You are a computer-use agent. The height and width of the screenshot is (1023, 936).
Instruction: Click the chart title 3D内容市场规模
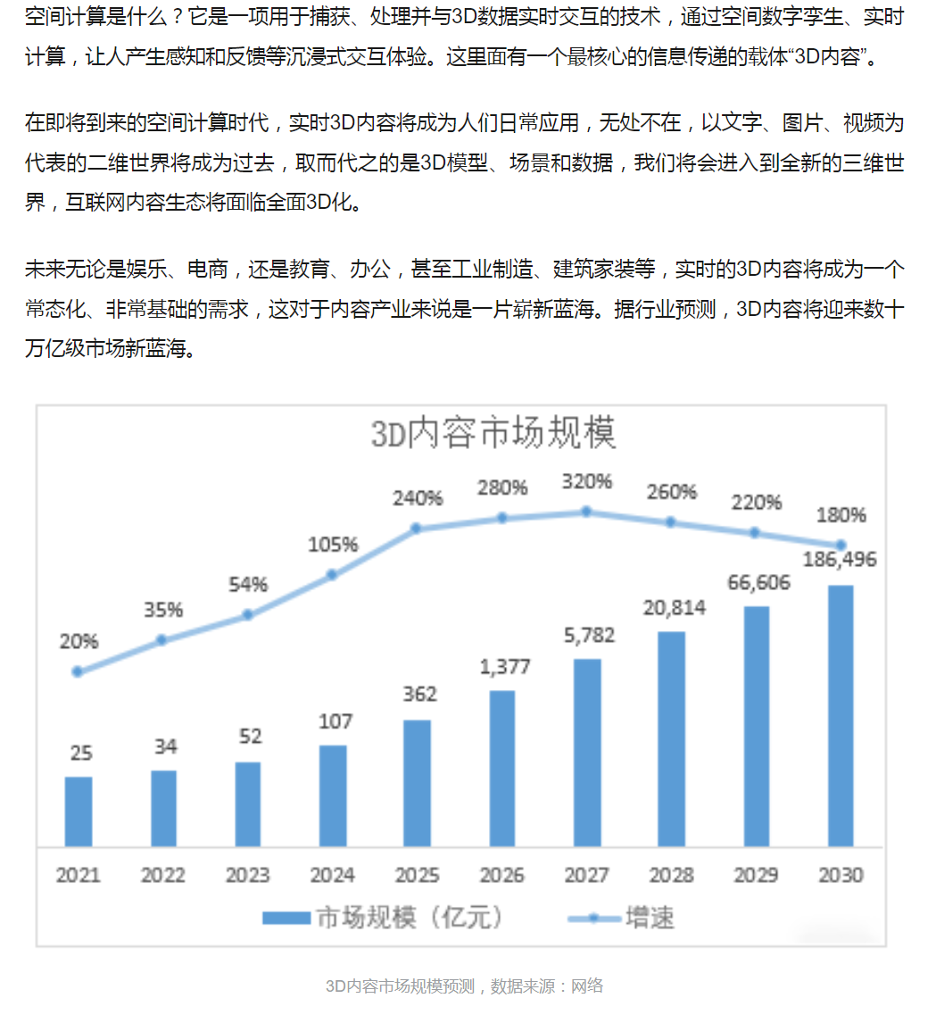point(493,434)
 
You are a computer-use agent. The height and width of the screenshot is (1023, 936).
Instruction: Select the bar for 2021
point(79,811)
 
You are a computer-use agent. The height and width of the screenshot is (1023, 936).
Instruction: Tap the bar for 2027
point(587,753)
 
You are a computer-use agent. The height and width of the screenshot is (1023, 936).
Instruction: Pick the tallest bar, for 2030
point(841,716)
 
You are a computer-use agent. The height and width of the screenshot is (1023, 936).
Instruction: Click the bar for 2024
point(333,795)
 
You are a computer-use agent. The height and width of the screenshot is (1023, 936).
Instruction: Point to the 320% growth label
point(587,482)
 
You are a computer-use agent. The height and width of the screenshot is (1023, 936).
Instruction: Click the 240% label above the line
point(418,499)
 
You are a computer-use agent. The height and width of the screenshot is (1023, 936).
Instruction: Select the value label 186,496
point(840,560)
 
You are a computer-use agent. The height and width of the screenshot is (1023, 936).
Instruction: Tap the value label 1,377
point(505,667)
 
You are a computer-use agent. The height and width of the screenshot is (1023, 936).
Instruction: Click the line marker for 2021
point(78,672)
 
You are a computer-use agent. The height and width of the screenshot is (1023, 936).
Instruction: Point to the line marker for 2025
point(417,528)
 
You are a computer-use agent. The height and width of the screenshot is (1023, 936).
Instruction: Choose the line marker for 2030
point(841,545)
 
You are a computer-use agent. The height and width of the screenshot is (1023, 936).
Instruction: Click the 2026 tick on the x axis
point(501,875)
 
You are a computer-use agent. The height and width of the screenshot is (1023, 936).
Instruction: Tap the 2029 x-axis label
point(756,875)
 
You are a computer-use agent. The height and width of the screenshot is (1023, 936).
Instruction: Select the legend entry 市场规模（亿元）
point(383,918)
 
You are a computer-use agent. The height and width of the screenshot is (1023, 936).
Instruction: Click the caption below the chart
point(464,986)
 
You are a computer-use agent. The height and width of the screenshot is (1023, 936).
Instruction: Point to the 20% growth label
point(79,642)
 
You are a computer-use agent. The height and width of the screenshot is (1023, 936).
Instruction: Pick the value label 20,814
point(674,608)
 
